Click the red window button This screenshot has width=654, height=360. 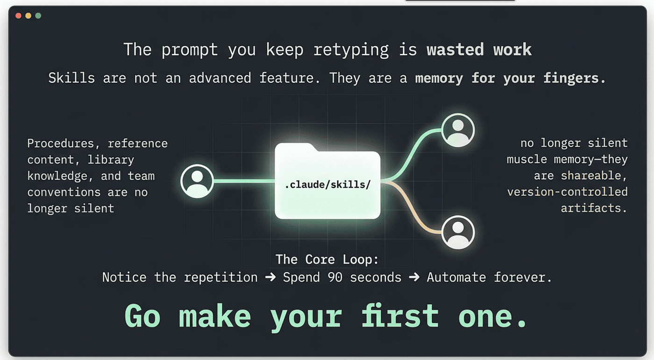[x=18, y=16]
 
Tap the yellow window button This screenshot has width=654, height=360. [x=28, y=16]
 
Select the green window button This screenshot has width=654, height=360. [x=38, y=16]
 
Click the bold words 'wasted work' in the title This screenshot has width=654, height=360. [x=479, y=49]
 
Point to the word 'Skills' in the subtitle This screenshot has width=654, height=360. [x=71, y=78]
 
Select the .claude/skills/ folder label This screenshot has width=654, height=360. [x=327, y=184]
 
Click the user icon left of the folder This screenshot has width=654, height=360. [x=197, y=181]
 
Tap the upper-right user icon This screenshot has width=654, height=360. [x=458, y=130]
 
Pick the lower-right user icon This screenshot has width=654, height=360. [x=458, y=232]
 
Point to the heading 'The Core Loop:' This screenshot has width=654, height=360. [x=327, y=259]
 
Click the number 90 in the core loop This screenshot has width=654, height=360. [x=335, y=277]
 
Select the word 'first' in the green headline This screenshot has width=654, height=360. [x=400, y=316]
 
